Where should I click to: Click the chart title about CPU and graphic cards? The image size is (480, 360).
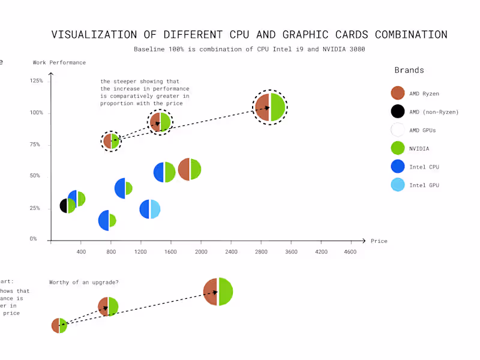249,35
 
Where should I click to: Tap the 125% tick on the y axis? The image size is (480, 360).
36,80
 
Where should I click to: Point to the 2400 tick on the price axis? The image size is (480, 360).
231,252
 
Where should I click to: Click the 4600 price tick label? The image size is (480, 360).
350,252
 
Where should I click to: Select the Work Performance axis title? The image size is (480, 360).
59,62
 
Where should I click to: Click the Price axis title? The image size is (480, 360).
379,241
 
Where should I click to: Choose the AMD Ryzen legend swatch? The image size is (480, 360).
397,93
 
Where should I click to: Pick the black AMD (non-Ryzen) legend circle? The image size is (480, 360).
397,112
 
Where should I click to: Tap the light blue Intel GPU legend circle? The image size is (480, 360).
397,185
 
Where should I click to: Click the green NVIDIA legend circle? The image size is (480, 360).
397,148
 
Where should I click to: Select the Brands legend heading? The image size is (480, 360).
409,70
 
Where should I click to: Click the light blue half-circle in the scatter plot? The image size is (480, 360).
155,209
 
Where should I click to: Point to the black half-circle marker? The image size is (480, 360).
64,206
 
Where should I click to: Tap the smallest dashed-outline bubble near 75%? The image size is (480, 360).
111,141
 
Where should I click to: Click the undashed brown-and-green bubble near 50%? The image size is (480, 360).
190,169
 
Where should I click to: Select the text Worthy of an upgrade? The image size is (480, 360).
84,283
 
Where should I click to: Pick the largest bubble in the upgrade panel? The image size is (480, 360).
218,292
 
